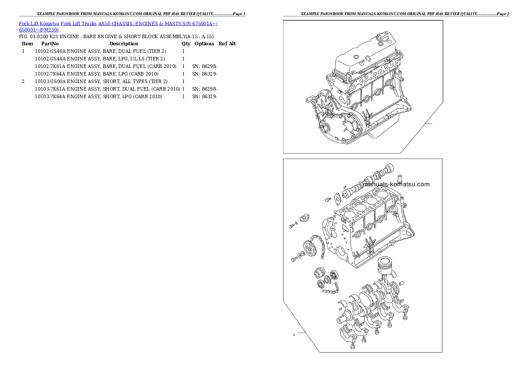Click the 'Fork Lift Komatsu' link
pos(39,23)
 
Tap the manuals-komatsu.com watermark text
pos(396,184)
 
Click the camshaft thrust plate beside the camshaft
pos(337,196)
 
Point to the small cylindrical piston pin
pos(401,282)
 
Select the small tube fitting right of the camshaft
pos(399,180)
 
